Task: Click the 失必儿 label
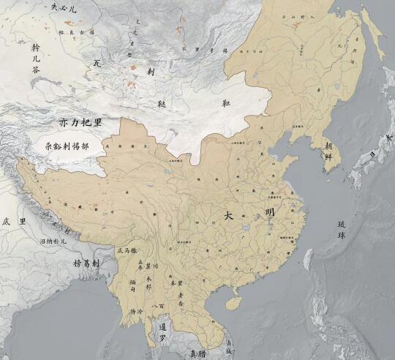64,8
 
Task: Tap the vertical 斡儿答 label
36,59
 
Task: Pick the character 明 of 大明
271,213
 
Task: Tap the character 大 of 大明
229,216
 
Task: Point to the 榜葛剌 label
87,263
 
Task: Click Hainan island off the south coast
233,301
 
